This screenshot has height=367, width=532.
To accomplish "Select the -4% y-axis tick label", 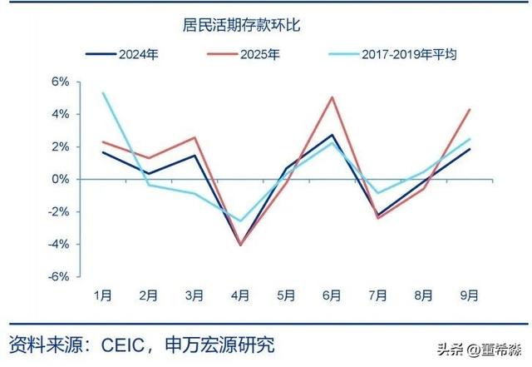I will (59, 244).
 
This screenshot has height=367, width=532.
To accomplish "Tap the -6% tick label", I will (59, 276).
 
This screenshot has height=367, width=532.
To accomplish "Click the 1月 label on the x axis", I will (102, 295).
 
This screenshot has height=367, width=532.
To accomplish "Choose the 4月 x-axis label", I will (240, 295).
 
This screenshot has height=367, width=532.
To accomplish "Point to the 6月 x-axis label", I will (332, 295).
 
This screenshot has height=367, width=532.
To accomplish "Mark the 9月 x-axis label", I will (470, 295).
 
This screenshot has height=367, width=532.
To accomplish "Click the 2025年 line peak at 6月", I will (332, 97).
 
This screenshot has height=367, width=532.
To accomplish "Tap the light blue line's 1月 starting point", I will (102, 93).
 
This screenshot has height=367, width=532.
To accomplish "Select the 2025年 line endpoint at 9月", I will (470, 109).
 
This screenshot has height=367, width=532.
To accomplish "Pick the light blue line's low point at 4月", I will (240, 221).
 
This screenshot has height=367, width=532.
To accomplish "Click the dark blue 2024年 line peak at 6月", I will (332, 135).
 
